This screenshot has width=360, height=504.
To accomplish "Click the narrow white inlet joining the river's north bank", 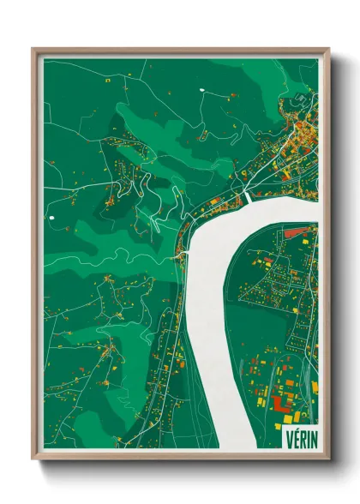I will [x=249, y=197].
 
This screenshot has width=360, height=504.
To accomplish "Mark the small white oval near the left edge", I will [x=53, y=218].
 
